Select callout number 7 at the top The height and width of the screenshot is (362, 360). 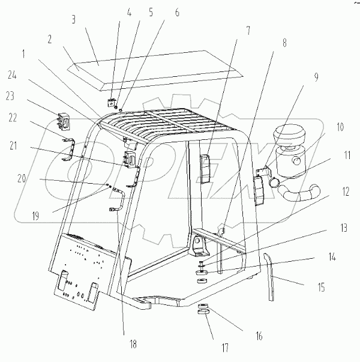click(x=231, y=29)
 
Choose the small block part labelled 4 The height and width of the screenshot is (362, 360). click(x=112, y=101)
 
